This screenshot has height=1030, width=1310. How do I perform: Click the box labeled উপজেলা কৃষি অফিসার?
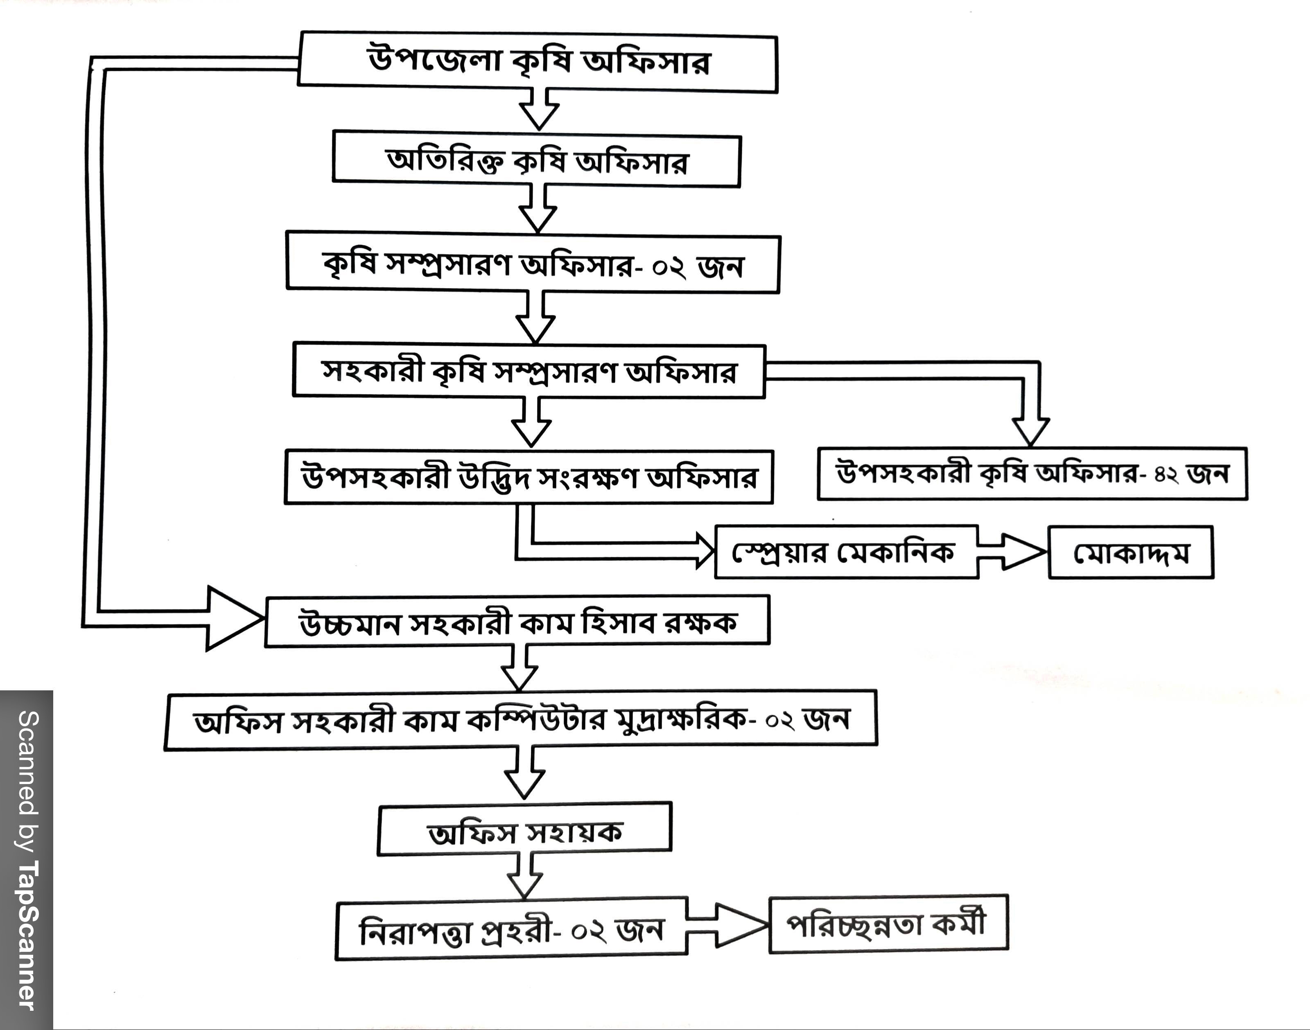538,62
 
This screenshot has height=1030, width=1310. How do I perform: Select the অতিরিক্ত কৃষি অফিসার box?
536,161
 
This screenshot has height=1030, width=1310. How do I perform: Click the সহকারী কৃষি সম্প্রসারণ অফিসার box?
529,371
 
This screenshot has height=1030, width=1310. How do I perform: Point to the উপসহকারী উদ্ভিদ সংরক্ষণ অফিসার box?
529,477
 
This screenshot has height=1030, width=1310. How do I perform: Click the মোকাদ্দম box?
1130,553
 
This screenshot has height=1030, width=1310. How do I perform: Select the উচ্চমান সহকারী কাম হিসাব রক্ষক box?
517,622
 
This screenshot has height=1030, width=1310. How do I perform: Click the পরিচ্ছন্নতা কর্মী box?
888,924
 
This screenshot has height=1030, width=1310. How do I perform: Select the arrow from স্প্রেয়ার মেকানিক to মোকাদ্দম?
1013,551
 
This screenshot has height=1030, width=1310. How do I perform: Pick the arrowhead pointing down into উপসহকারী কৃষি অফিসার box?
1030,430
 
